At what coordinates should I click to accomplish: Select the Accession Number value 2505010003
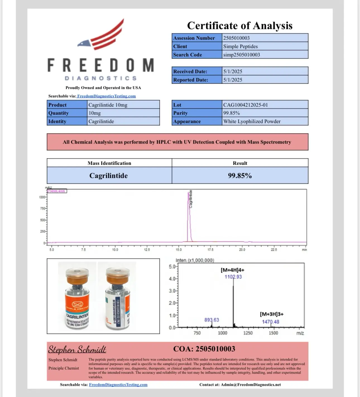point(236,38)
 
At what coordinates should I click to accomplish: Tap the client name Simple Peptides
point(240,46)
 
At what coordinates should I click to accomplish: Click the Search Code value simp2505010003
point(241,55)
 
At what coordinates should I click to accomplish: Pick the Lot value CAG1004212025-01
point(245,105)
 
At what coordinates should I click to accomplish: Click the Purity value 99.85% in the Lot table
point(231,113)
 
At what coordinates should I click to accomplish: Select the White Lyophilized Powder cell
point(252,121)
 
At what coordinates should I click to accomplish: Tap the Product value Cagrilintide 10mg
point(108,105)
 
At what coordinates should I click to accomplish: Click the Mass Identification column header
point(109,163)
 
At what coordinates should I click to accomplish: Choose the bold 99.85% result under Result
point(240,176)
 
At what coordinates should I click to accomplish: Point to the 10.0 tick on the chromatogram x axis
point(115,250)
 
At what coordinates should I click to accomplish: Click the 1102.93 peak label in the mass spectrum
point(233,277)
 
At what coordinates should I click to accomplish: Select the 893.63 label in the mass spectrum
point(212,320)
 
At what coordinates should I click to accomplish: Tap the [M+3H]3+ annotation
point(272,314)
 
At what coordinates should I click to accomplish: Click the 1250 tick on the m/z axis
point(248,333)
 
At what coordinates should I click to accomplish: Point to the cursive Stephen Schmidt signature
point(77,349)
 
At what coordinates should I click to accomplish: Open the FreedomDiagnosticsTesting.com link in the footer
point(118,385)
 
